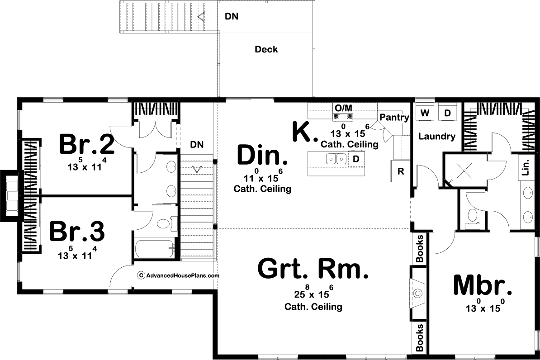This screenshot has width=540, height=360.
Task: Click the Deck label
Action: pos(266,49)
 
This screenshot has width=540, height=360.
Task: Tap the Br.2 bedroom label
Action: pos(86,144)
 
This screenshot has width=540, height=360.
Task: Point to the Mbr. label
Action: pos(482,285)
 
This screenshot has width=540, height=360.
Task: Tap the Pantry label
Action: pos(394,118)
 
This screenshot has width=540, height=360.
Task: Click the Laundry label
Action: pos(437,137)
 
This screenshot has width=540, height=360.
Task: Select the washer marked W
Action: pos(425,113)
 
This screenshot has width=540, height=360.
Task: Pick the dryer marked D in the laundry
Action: pos(447,113)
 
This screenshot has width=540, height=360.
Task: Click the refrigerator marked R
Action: pos(401,171)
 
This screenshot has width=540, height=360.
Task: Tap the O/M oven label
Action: pos(343,108)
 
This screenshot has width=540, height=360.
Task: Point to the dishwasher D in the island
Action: pos(356,159)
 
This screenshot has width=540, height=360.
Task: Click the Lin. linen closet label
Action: pos(525,167)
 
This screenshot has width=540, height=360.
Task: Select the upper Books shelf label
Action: pos(419,248)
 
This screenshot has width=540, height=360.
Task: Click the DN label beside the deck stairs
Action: pos(232,16)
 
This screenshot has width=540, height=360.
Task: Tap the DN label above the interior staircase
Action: pos(197,144)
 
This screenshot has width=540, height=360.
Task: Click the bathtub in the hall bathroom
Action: pos(155,248)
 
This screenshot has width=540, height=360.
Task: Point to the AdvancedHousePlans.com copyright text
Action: pos(178,275)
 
